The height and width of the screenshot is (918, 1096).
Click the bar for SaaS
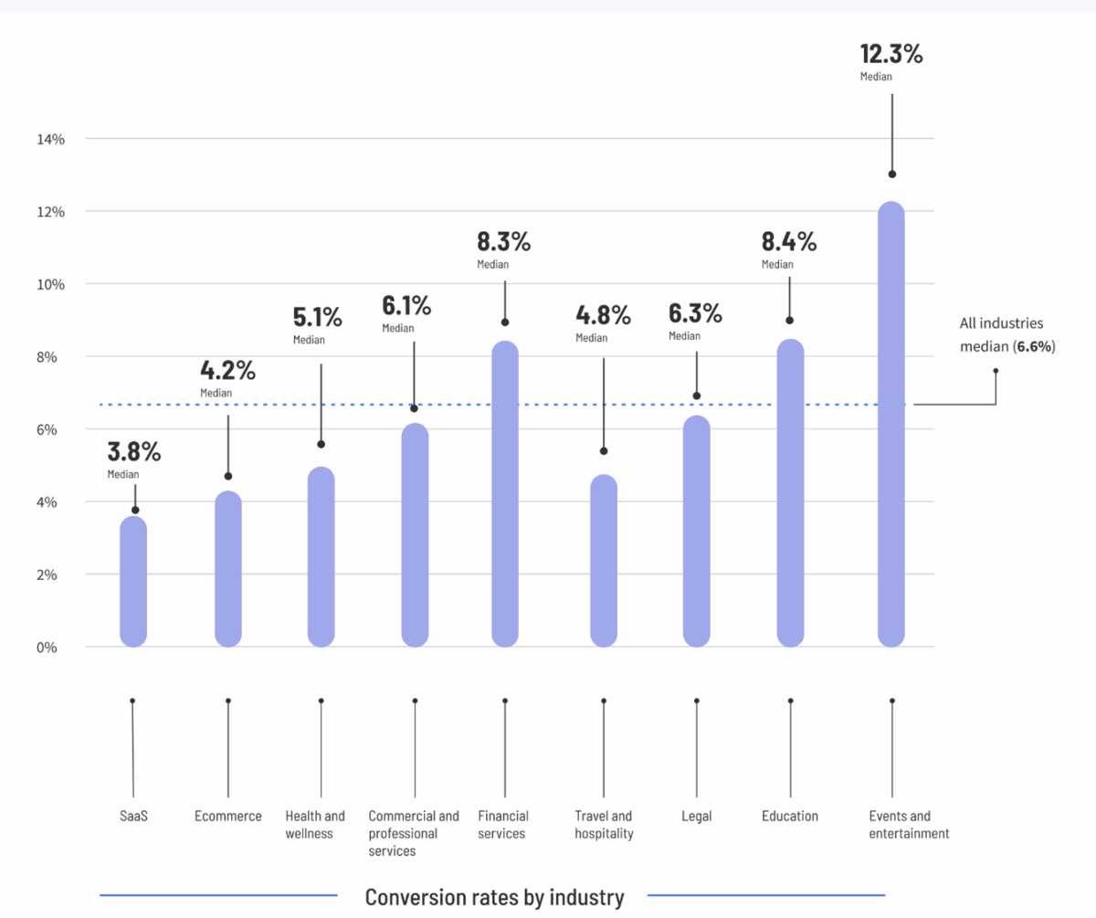point(133,581)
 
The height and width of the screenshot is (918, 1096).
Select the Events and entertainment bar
point(890,424)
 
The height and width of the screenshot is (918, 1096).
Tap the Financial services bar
point(505,493)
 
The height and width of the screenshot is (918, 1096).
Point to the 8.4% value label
point(789,243)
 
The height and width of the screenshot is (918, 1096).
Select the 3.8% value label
point(134,452)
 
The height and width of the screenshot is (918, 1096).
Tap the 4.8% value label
point(603,316)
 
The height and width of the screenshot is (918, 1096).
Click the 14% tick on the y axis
point(50,139)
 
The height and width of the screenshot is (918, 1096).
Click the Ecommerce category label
point(228,816)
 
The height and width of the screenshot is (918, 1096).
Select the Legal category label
point(697,816)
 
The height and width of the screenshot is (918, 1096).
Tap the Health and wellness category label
point(315,824)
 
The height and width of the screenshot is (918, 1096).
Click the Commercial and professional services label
point(414,833)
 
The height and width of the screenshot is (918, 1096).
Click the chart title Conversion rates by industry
point(494,897)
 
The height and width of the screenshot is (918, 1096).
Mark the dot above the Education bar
point(789,321)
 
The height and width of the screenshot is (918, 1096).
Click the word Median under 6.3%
point(684,336)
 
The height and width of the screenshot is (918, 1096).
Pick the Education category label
point(790,816)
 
